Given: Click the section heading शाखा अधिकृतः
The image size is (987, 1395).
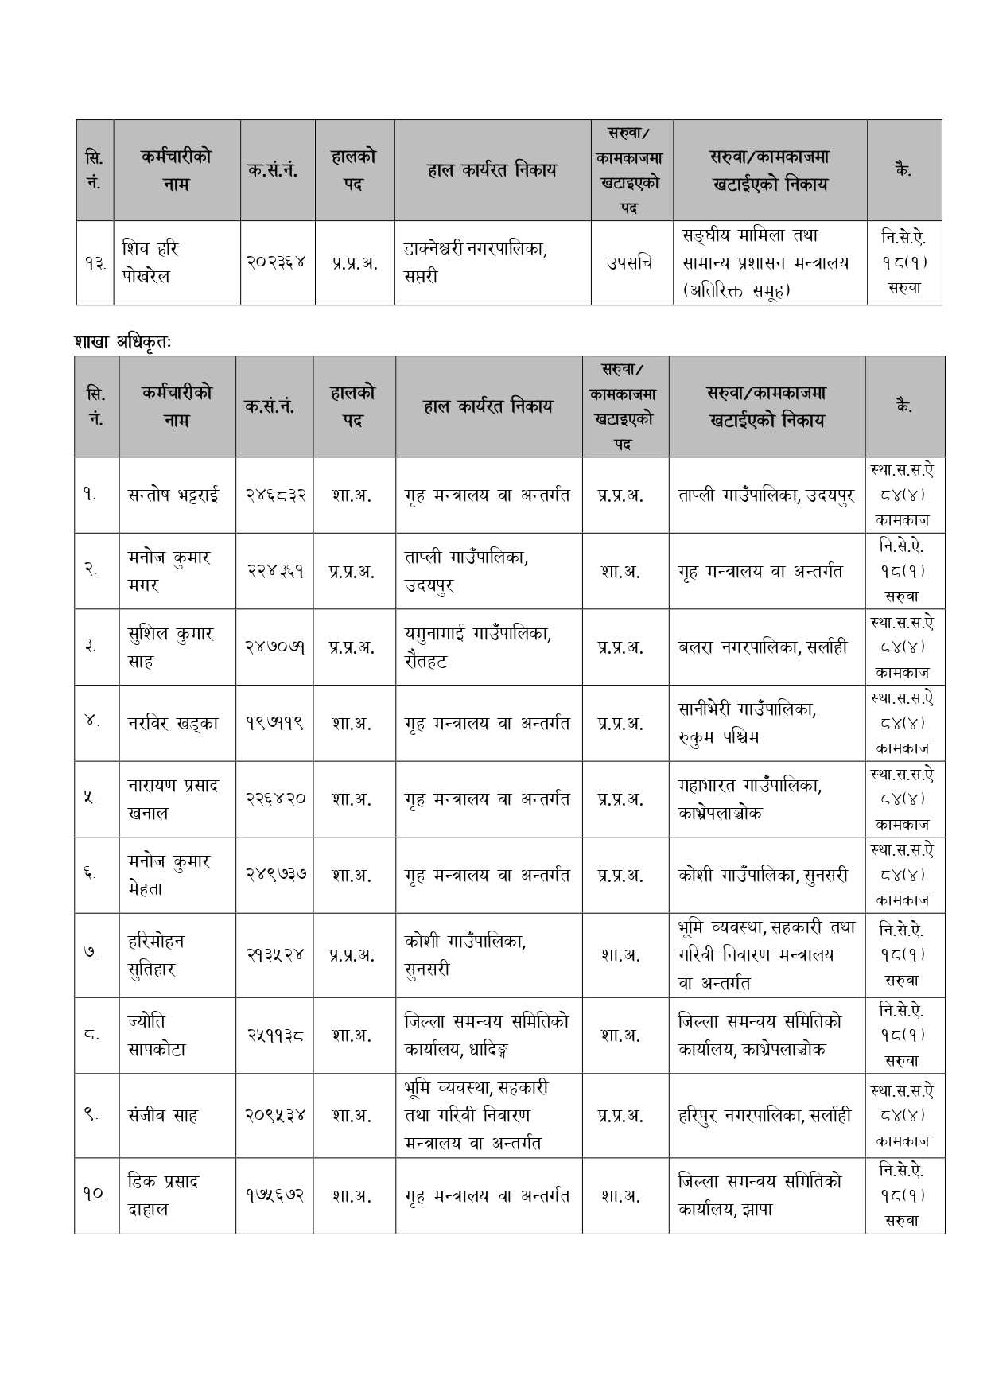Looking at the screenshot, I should pos(123,342).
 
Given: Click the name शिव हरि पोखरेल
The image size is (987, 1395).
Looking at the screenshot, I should pos(151,262).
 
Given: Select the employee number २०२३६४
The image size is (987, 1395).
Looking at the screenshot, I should pos(278,263).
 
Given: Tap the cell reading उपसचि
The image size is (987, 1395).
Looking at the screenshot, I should pos(631,263).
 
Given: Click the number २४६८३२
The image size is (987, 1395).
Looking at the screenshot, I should pos(274,495).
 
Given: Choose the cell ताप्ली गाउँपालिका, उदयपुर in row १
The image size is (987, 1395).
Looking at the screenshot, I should pos(766,495).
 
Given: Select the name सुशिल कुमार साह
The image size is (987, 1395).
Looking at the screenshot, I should pos(170,647).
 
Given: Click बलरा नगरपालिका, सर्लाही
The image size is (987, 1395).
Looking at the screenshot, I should pos(762,647).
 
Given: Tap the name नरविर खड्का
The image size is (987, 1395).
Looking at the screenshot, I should pos(173,724).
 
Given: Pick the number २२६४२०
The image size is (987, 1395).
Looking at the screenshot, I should pos(274,799).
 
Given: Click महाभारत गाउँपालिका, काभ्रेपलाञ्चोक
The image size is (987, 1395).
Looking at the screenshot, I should pos(750,799).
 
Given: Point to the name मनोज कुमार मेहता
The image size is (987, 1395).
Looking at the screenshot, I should pos(169,875).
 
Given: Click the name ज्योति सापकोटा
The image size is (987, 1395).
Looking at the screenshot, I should pos(156,1036).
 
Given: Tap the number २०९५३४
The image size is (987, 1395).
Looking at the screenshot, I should pos(274,1115).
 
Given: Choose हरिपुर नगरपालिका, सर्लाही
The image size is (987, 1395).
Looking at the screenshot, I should pos(764,1115).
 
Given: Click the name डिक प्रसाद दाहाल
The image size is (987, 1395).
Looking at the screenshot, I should pos(163,1195).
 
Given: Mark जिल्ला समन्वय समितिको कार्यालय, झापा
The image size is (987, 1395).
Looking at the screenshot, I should pos(760,1195).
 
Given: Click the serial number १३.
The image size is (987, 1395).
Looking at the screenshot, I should pos(95,263).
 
